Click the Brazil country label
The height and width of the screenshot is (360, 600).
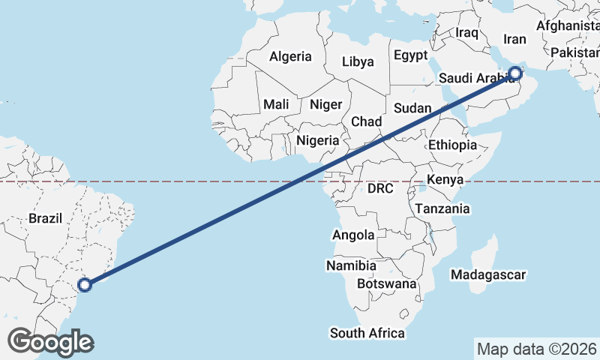tap(45, 218)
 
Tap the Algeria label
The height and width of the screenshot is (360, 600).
tap(290, 56)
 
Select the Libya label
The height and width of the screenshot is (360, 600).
tap(358, 61)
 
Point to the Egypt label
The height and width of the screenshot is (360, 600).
tap(410, 55)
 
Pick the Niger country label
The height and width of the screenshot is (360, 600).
tap(325, 104)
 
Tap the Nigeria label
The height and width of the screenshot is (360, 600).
tap(318, 139)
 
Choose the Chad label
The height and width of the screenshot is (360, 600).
tap(367, 121)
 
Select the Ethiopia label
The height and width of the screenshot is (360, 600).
tap(452, 145)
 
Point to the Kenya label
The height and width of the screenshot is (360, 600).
tap(445, 179)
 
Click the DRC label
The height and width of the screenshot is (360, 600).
tap(380, 189)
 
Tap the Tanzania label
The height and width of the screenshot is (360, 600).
tap(442, 208)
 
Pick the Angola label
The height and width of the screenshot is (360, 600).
tap(353, 235)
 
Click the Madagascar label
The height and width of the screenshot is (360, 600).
tap(488, 274)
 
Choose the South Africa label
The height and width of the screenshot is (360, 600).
tap(367, 333)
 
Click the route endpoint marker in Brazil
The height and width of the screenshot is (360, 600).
tap(85, 284)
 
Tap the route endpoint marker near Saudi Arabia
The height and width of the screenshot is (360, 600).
tap(515, 73)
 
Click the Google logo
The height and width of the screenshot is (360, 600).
tap(50, 342)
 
